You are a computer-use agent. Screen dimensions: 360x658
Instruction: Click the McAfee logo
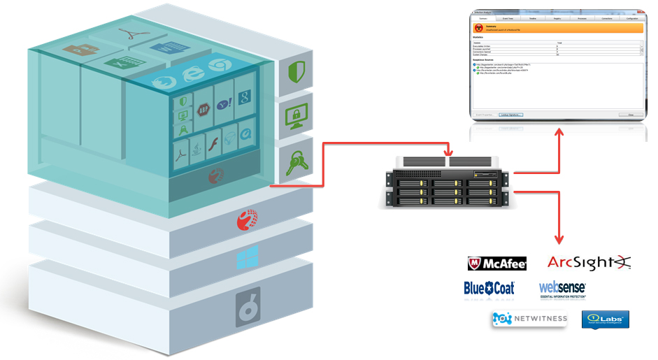(x=496, y=264)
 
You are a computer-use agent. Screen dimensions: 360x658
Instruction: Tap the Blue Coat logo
(x=489, y=288)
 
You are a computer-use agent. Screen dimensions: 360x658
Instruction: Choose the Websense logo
(x=562, y=288)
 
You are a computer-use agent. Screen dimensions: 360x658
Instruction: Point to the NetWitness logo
(x=528, y=319)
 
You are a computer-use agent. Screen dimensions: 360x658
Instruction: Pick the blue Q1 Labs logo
(x=605, y=319)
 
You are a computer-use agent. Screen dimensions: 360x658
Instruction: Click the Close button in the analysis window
(x=631, y=115)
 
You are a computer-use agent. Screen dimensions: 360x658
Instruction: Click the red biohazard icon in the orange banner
(x=480, y=28)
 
